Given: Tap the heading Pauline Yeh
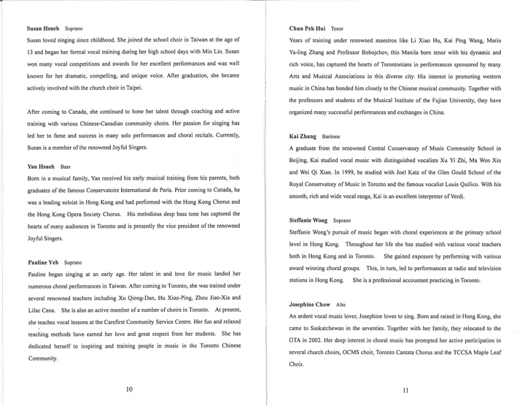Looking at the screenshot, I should (x=43, y=261).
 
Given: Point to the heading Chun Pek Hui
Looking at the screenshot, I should (x=307, y=28).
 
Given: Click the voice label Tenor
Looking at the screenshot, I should (x=337, y=28).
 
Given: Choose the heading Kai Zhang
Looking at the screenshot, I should (x=303, y=137).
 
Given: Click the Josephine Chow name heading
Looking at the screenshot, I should (x=310, y=304).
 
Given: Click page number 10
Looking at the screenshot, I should (x=129, y=389).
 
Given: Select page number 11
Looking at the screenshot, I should (x=406, y=390).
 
